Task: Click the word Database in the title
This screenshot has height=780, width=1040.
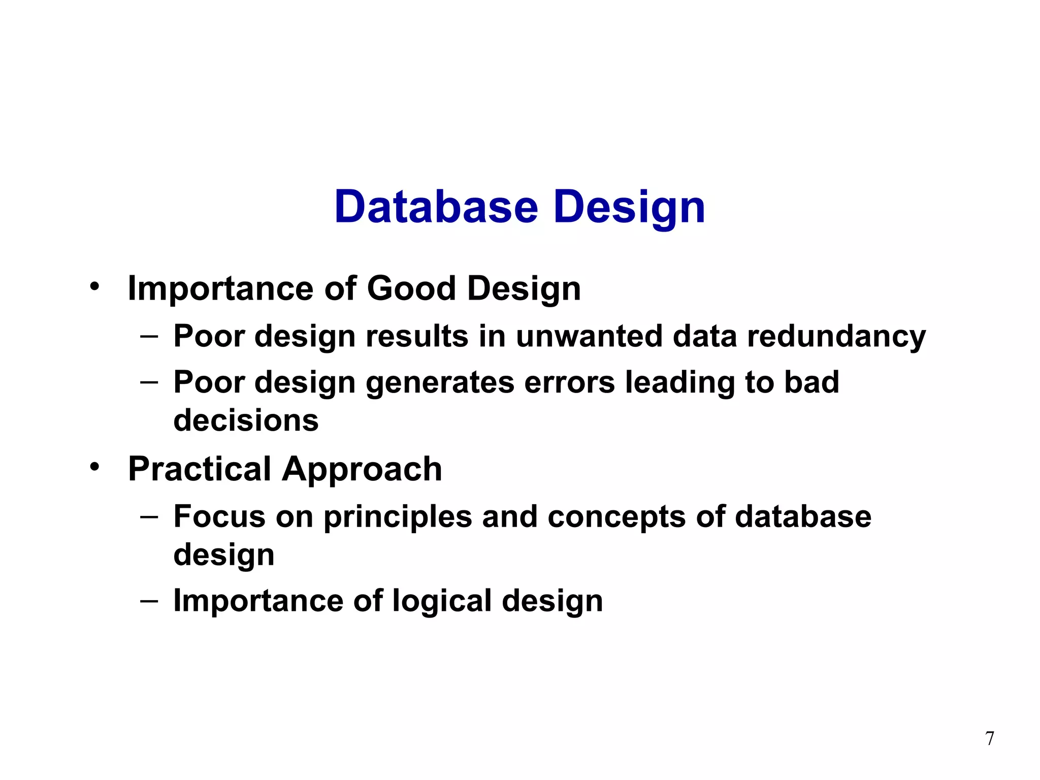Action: (436, 207)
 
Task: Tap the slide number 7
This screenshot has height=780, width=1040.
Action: (990, 738)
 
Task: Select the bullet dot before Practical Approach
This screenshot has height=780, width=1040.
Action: (94, 467)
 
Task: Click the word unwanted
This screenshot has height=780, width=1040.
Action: (589, 336)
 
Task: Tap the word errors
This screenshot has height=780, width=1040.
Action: (569, 382)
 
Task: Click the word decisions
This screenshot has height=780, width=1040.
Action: (246, 420)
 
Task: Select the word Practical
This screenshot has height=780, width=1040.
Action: (200, 469)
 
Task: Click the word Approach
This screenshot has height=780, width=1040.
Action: (362, 469)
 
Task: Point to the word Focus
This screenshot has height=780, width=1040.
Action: (219, 516)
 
